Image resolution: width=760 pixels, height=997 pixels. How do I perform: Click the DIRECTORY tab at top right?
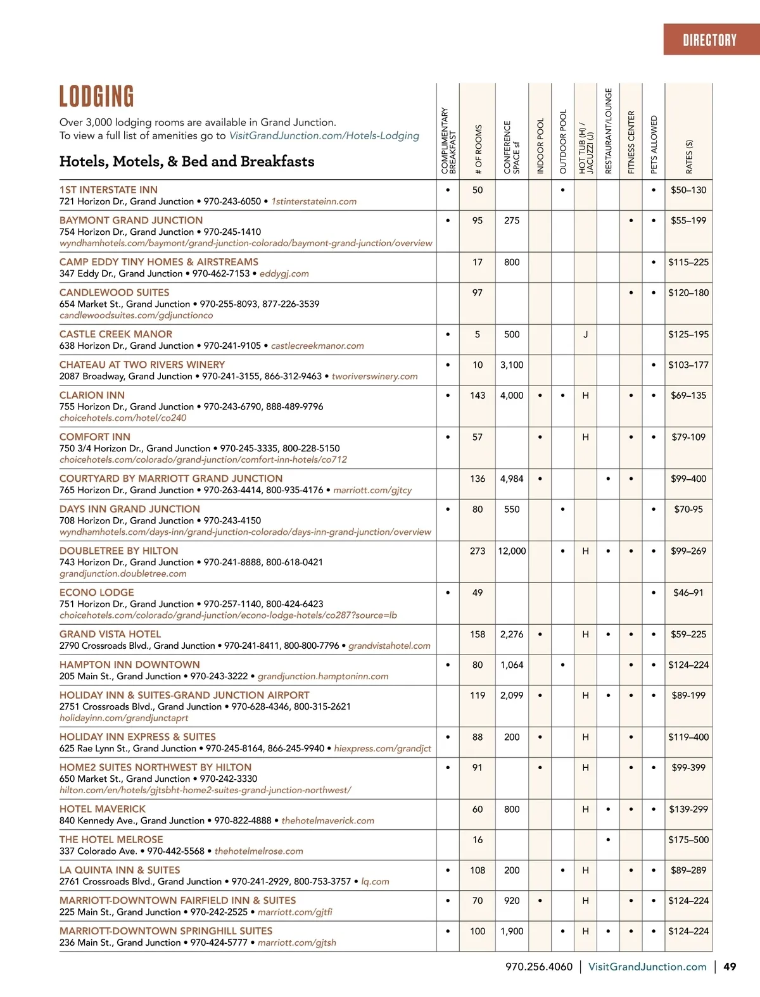pyautogui.click(x=709, y=40)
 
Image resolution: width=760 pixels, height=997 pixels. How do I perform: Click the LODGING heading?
pyautogui.click(x=97, y=97)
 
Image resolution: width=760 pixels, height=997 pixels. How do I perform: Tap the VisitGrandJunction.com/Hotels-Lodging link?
pyautogui.click(x=324, y=135)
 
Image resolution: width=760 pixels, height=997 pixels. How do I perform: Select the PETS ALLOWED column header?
pyautogui.click(x=654, y=144)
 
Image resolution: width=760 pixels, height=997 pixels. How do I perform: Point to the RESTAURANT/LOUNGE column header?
pyautogui.click(x=609, y=131)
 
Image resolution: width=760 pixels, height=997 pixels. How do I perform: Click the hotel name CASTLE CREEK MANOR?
pyautogui.click(x=116, y=334)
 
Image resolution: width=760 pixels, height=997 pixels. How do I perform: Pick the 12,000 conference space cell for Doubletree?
pyautogui.click(x=512, y=551)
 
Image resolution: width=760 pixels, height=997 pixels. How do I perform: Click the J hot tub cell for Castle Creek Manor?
pyautogui.click(x=585, y=334)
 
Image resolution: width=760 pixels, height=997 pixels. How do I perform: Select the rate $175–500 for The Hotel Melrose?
pyautogui.click(x=688, y=839)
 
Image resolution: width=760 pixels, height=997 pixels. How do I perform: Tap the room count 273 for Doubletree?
pyautogui.click(x=478, y=551)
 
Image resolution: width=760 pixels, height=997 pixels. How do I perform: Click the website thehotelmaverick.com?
pyautogui.click(x=327, y=820)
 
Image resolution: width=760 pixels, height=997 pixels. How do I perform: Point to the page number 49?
pyautogui.click(x=730, y=967)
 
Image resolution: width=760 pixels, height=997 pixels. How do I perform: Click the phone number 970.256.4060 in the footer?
pyautogui.click(x=538, y=967)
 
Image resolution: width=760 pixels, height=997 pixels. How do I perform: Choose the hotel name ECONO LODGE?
pyautogui.click(x=97, y=593)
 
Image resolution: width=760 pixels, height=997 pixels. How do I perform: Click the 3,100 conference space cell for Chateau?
pyautogui.click(x=512, y=365)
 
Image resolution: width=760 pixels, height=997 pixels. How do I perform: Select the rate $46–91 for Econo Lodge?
pyautogui.click(x=688, y=593)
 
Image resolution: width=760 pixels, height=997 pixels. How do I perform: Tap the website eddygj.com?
pyautogui.click(x=284, y=273)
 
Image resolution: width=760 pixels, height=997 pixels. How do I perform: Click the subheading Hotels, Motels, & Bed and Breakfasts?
pyautogui.click(x=187, y=161)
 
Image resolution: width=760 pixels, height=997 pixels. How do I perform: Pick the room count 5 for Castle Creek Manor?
pyautogui.click(x=478, y=334)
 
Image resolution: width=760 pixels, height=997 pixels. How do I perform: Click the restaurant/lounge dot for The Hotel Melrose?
pyautogui.click(x=608, y=840)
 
